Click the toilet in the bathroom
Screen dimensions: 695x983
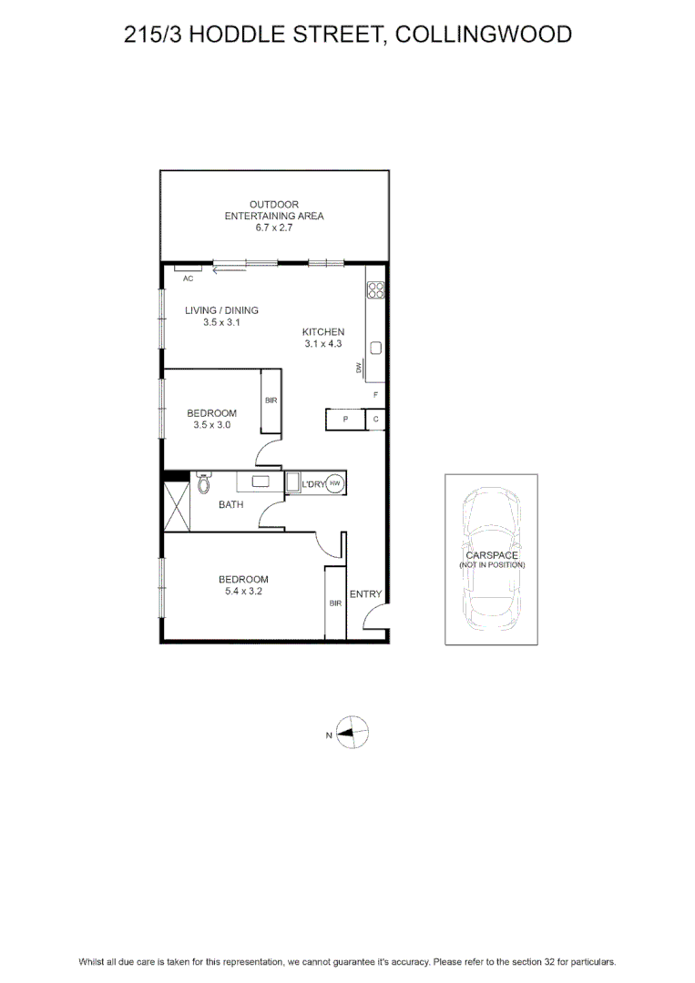tap(203, 482)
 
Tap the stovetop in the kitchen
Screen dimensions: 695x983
tap(375, 289)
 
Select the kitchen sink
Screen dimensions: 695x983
tap(375, 348)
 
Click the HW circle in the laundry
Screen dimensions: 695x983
tap(335, 483)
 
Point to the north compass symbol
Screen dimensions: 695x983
tap(352, 732)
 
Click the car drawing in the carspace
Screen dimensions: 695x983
tap(491, 559)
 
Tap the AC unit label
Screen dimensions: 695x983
tap(189, 279)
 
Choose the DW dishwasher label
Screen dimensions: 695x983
tap(359, 368)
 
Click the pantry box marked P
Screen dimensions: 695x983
tap(345, 420)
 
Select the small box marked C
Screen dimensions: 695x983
tap(375, 420)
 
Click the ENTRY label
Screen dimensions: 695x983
tap(365, 593)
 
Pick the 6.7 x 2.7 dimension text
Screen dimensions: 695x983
tap(274, 228)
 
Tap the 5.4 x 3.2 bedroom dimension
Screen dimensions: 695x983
tap(243, 592)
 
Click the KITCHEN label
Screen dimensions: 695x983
tap(323, 331)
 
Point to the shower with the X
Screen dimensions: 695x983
tap(177, 507)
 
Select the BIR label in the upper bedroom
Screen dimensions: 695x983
tap(271, 400)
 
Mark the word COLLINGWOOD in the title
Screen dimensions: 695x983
tap(484, 34)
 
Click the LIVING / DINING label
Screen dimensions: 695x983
tap(221, 310)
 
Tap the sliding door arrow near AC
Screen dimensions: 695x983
tap(229, 271)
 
